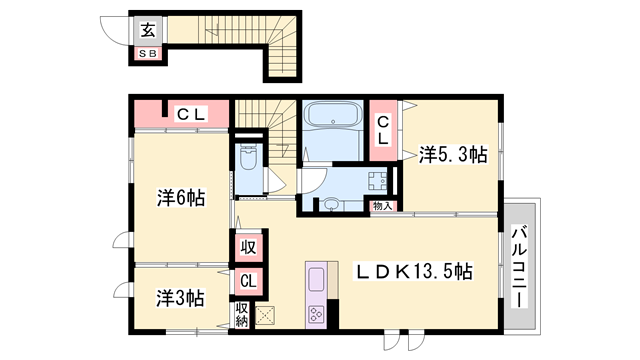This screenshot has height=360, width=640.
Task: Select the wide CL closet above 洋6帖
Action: tap(184, 114)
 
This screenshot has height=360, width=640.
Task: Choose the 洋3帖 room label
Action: tap(181, 297)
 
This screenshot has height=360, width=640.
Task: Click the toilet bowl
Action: tap(249, 159)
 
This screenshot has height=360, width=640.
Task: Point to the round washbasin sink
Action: tap(330, 205)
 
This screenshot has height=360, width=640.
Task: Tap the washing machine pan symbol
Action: tap(378, 184)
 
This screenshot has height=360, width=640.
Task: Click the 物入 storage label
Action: tap(383, 206)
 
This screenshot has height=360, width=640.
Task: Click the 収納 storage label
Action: tap(241, 315)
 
